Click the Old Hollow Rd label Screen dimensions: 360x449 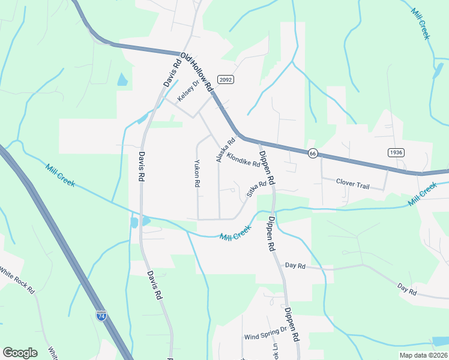[197, 71]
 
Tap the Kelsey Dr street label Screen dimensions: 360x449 [187, 91]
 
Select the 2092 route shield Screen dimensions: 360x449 [225, 79]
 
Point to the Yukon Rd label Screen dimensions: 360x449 [197, 173]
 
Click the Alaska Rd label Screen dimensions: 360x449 [225, 151]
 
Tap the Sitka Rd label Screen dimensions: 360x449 [256, 190]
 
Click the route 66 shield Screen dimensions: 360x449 [312, 153]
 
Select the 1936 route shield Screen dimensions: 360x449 [396, 152]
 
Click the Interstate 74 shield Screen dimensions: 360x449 [101, 314]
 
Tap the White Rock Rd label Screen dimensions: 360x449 [17, 281]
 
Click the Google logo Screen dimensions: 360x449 [20, 353]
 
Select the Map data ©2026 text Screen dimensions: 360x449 [423, 355]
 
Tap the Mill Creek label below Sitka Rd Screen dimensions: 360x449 [235, 233]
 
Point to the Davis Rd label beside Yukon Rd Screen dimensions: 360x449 [142, 166]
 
